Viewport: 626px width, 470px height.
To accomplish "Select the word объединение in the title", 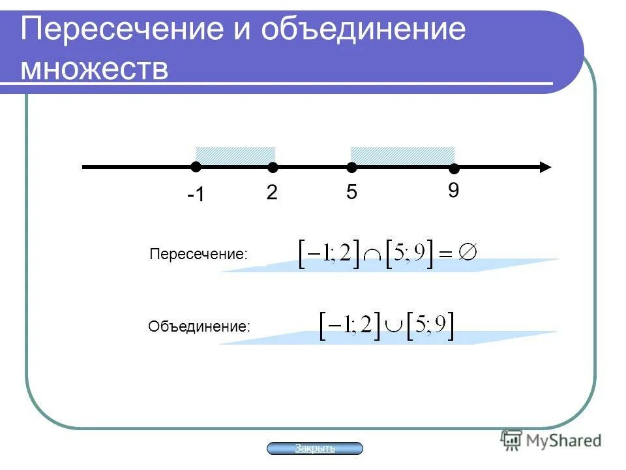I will point(364,30).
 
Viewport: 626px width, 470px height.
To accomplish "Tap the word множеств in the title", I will point(95,69).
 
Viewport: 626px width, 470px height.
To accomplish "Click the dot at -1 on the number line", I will point(196,167).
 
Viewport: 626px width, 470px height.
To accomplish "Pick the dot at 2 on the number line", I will point(273,168).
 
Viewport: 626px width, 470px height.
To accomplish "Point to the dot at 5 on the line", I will point(351,168).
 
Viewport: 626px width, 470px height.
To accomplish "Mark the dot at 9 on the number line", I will point(454,169).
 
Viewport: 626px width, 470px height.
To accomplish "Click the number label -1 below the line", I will point(196,195).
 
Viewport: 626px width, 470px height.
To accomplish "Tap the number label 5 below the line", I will point(351,193).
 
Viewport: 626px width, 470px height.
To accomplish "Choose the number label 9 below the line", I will point(453,191).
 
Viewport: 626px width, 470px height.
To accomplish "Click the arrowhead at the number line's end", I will point(544,167).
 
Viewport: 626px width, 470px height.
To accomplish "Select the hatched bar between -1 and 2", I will point(235,156).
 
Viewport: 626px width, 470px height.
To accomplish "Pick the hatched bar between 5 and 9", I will point(402,156).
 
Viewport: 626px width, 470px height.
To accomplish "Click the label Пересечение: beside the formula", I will point(198,254).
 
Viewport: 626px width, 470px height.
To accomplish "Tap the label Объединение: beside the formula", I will point(199,326).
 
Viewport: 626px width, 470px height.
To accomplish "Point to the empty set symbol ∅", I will point(468,252).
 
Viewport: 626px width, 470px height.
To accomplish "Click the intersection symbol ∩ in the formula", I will point(373,257).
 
